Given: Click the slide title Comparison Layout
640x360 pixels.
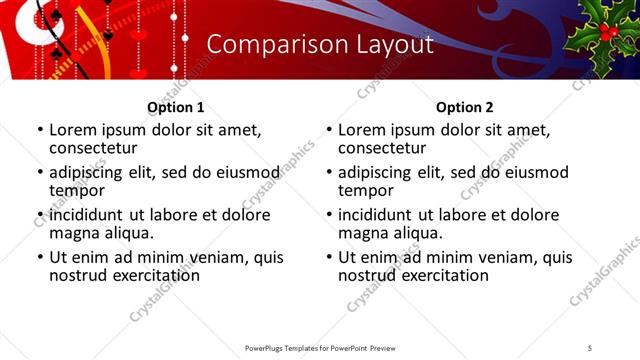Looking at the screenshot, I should (320, 45).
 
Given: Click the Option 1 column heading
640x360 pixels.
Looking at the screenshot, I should (175, 107).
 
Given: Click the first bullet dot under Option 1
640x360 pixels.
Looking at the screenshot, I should (39, 130).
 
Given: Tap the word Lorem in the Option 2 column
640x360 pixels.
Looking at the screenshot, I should (361, 130).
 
